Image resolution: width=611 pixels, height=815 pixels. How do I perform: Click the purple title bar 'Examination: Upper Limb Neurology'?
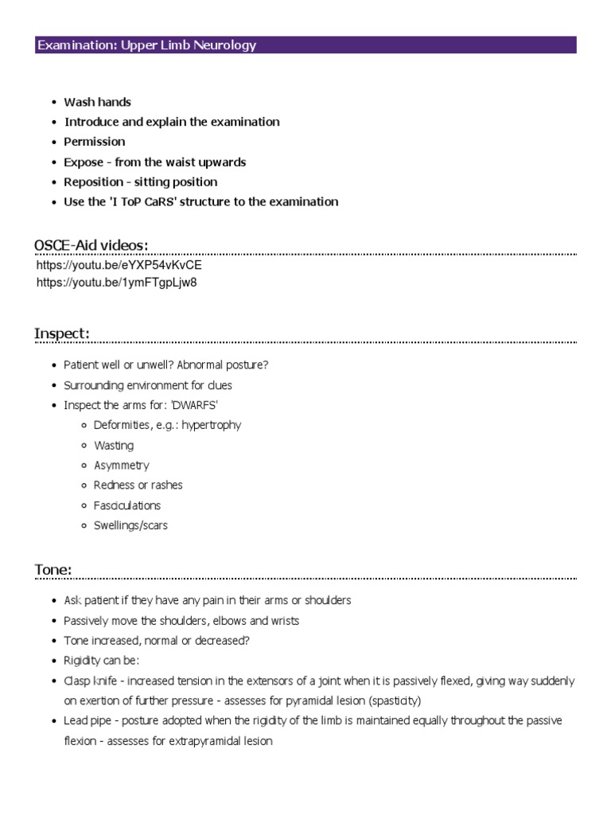305,45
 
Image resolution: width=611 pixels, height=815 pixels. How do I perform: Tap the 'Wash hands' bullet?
97,102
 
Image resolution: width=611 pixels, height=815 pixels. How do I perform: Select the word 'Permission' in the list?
95,142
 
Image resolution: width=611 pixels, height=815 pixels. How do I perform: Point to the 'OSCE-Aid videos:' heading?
91,244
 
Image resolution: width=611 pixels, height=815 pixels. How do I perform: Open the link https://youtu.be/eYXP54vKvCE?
119,265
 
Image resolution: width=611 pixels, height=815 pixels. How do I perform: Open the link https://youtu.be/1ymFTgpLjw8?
116,283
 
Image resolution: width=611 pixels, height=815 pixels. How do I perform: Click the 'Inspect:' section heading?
61,333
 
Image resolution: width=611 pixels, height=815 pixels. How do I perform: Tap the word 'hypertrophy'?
211,425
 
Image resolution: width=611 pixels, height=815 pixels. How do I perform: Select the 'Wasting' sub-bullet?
114,445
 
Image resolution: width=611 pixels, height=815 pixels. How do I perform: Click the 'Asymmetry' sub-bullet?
121,466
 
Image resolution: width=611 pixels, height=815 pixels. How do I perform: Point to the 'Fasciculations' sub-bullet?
126,505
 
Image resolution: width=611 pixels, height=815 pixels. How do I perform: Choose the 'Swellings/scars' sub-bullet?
130,525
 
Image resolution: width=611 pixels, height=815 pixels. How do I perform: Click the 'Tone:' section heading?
53,569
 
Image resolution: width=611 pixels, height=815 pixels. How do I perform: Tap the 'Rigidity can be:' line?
101,661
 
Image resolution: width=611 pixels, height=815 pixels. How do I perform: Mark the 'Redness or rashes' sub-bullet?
138,485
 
